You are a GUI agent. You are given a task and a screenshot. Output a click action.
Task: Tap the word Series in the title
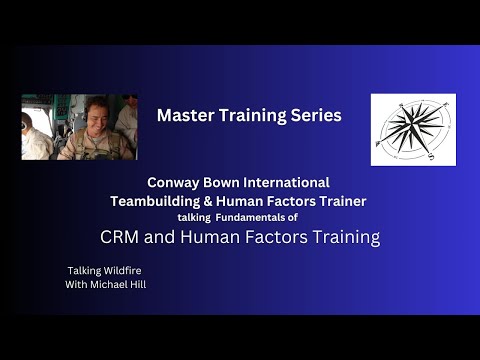point(315,115)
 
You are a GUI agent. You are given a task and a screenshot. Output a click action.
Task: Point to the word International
point(289,183)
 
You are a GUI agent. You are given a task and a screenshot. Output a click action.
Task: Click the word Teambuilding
point(157,201)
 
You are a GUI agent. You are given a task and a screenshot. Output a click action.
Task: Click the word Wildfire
point(113,270)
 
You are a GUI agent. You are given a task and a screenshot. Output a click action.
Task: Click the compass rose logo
point(413,130)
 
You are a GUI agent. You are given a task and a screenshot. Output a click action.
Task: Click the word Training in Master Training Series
point(250,115)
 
